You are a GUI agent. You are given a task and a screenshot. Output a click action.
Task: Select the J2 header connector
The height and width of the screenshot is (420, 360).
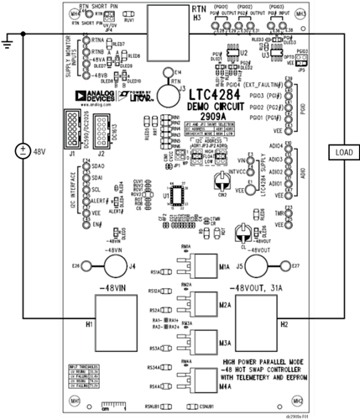pos(94,131)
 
